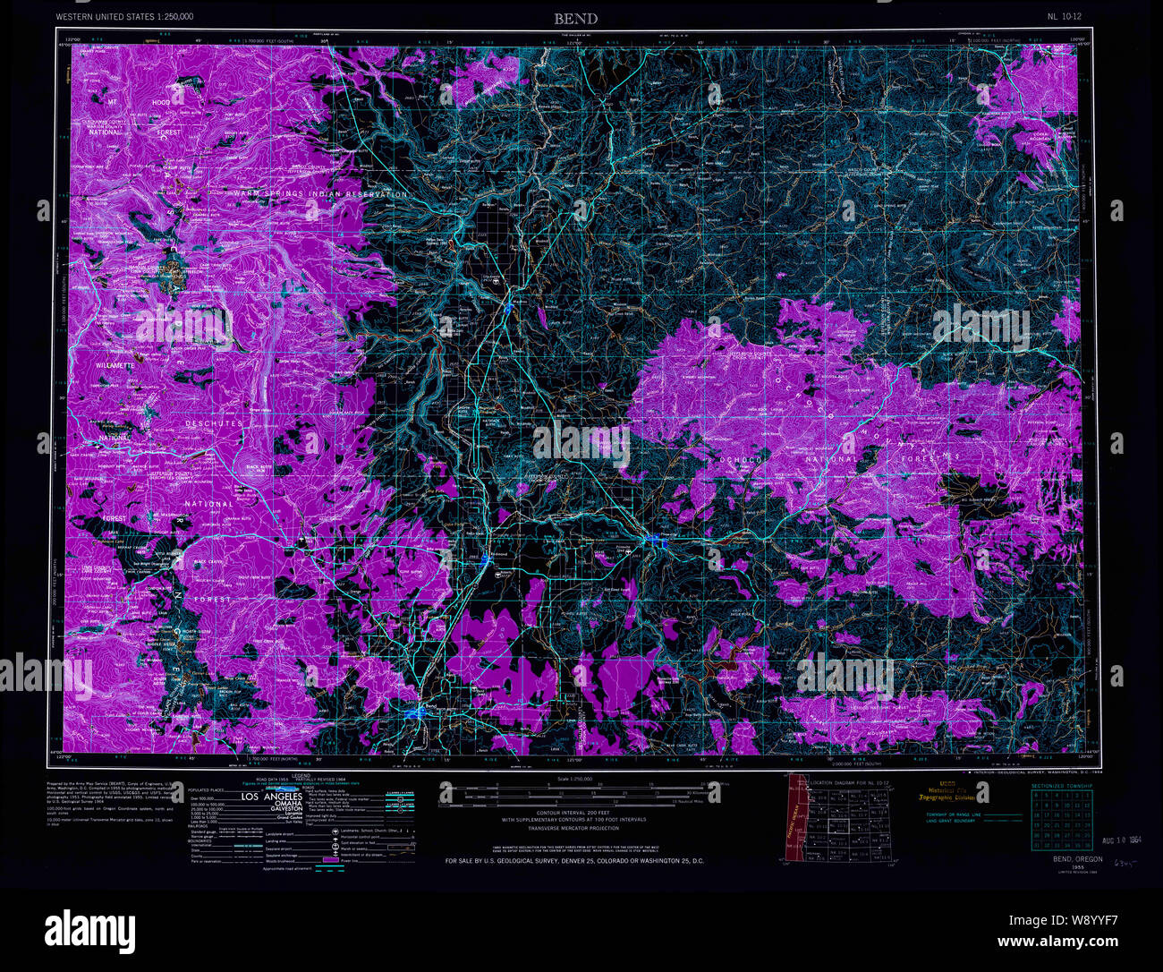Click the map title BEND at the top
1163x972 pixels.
575,18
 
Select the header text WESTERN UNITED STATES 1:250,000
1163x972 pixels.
124,17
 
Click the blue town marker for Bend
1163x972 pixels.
413,713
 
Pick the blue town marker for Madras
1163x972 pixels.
508,307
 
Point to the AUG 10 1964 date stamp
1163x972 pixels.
1123,842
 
